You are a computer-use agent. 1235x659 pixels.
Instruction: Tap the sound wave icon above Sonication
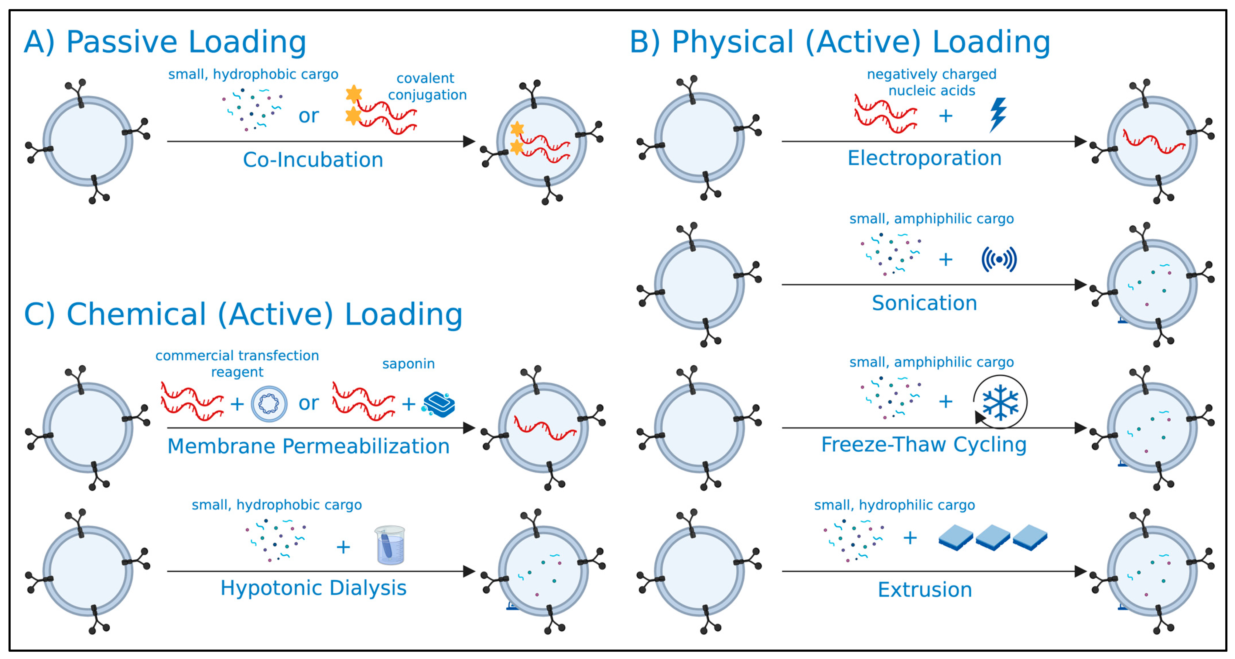(999, 260)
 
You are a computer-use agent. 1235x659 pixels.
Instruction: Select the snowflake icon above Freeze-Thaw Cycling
(1000, 402)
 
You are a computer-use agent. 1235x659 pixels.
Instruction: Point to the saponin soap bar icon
(439, 404)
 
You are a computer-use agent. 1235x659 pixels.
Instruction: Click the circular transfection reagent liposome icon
(269, 404)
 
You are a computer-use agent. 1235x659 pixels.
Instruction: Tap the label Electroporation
(924, 158)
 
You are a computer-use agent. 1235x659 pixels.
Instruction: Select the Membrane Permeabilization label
(308, 446)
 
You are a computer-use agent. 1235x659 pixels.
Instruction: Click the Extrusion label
(924, 589)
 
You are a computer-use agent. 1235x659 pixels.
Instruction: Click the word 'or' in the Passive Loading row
(308, 116)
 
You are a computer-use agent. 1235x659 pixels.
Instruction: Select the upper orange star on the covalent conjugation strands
(354, 94)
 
